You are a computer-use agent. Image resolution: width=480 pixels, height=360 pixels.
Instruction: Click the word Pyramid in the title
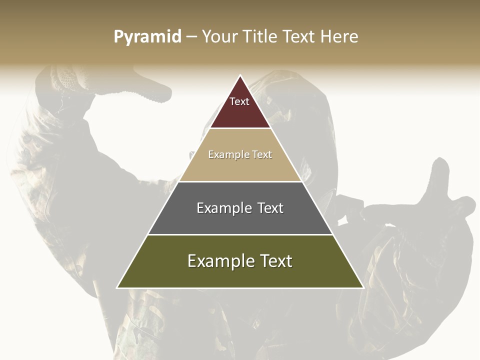coord(147,37)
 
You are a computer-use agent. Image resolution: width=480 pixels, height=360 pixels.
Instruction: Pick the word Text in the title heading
coord(299,37)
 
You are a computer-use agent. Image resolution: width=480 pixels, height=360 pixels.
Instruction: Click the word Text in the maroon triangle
coord(239,101)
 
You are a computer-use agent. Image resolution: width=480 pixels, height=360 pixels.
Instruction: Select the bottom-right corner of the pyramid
coord(363,287)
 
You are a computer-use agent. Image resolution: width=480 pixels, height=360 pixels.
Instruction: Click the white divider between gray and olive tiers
coord(240,234)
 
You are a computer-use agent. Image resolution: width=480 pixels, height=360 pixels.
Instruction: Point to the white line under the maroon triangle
coord(240,128)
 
